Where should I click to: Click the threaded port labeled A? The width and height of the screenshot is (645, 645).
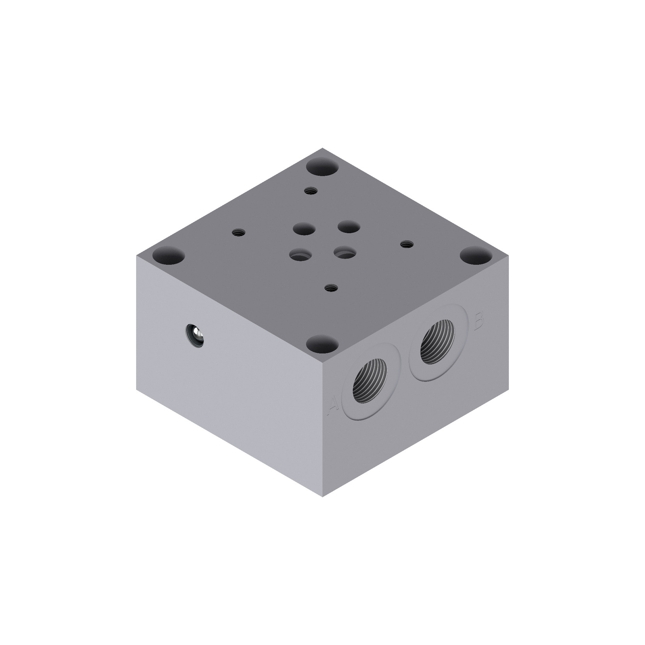(371, 381)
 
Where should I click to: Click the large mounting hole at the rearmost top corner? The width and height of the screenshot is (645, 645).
(322, 168)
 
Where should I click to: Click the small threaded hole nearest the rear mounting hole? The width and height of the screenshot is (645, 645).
(310, 191)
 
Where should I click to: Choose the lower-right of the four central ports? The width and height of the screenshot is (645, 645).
(345, 253)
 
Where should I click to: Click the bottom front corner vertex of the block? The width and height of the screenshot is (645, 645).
(322, 496)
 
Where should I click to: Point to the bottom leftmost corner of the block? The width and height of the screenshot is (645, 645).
(137, 389)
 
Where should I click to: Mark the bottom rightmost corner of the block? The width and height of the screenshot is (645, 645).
(508, 389)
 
